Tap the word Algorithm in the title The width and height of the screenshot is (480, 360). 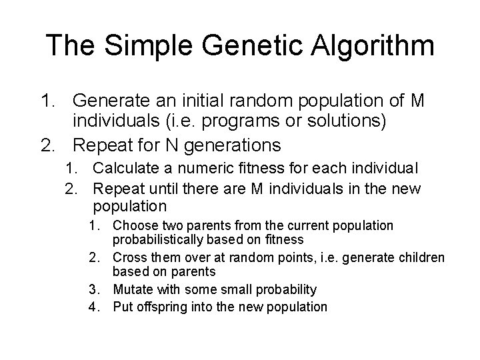pos(378,45)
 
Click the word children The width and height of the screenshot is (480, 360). pos(423,257)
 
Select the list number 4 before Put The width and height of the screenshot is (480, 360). pos(95,307)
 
